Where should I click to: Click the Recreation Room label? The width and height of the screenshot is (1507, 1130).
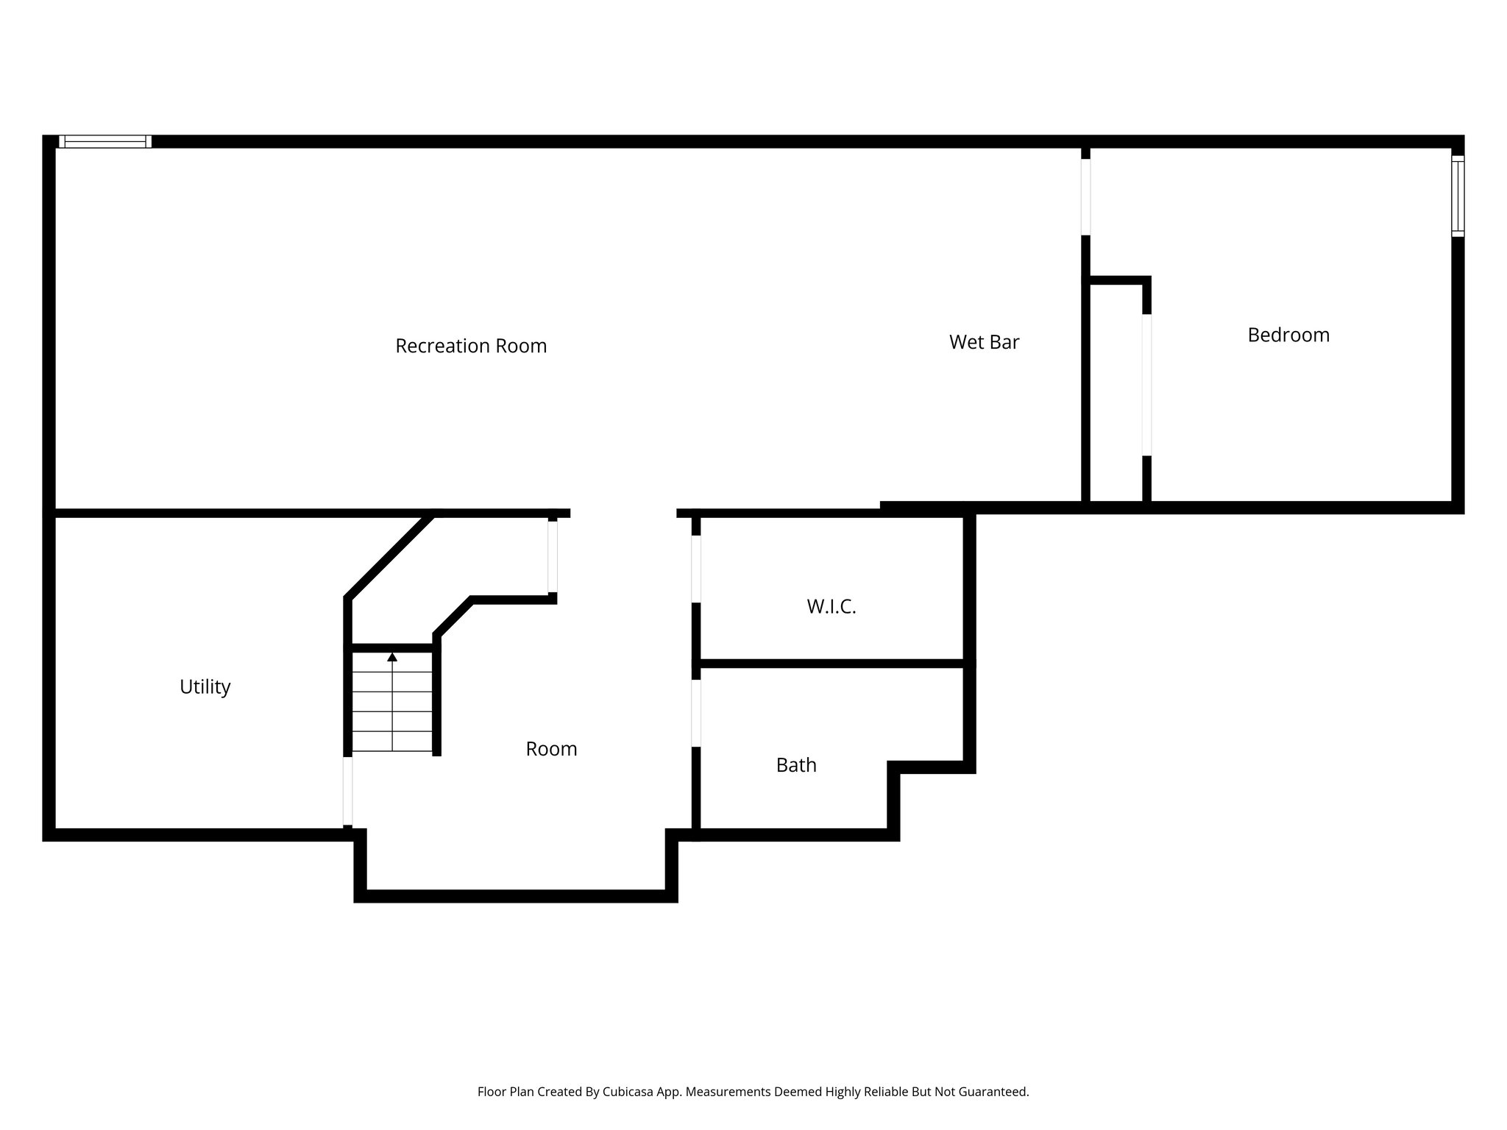pos(471,346)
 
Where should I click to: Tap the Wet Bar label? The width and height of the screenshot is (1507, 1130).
pos(984,342)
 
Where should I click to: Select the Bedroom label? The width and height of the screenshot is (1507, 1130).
pos(1288,335)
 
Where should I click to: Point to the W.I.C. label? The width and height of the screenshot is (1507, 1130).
pos(831,607)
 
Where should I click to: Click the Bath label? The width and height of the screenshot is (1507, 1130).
pos(796,765)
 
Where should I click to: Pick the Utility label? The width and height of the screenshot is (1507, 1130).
pos(205,687)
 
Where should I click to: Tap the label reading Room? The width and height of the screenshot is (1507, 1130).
pos(551,749)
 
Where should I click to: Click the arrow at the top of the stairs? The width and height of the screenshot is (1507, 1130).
pos(392,657)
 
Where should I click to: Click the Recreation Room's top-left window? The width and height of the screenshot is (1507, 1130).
pos(105,141)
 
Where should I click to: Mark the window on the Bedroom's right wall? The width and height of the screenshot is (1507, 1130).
pos(1458,196)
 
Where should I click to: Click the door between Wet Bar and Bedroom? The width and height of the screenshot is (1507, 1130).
pos(1085,196)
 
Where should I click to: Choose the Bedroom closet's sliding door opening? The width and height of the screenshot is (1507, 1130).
pos(1146,385)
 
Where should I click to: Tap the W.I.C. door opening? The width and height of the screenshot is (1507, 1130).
pos(696,569)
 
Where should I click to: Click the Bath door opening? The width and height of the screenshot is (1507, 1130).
pos(696,713)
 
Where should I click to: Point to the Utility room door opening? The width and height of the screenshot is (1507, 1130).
pos(348,791)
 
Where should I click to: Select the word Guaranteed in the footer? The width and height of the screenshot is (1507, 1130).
pos(993,1092)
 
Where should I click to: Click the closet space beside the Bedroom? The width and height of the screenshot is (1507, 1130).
pos(1116,390)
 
